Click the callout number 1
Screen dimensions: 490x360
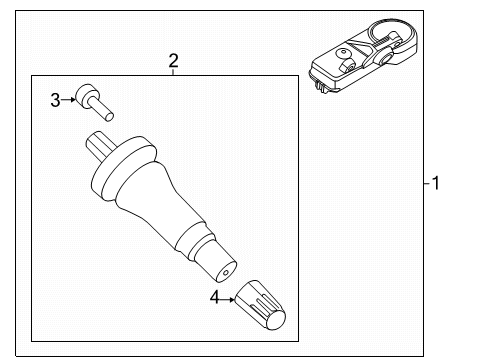coord(433,183)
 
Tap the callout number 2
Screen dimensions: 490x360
coord(173,61)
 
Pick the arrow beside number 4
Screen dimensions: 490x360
coord(230,296)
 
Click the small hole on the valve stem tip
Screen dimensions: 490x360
coord(227,271)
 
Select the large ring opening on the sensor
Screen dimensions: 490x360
coord(383,40)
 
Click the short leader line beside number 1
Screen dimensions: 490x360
coord(422,183)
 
